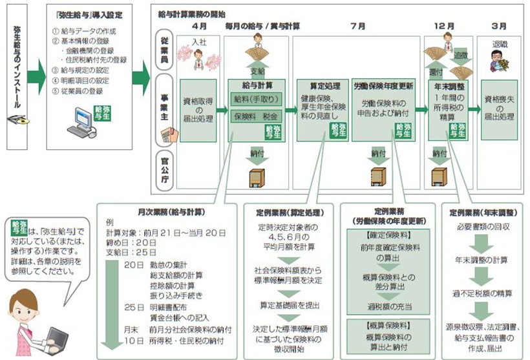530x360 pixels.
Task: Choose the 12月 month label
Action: tap(447, 26)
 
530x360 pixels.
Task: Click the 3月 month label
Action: tap(498, 26)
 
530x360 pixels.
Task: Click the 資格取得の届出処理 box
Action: tap(197, 109)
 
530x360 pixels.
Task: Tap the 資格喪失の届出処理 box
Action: tap(500, 109)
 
